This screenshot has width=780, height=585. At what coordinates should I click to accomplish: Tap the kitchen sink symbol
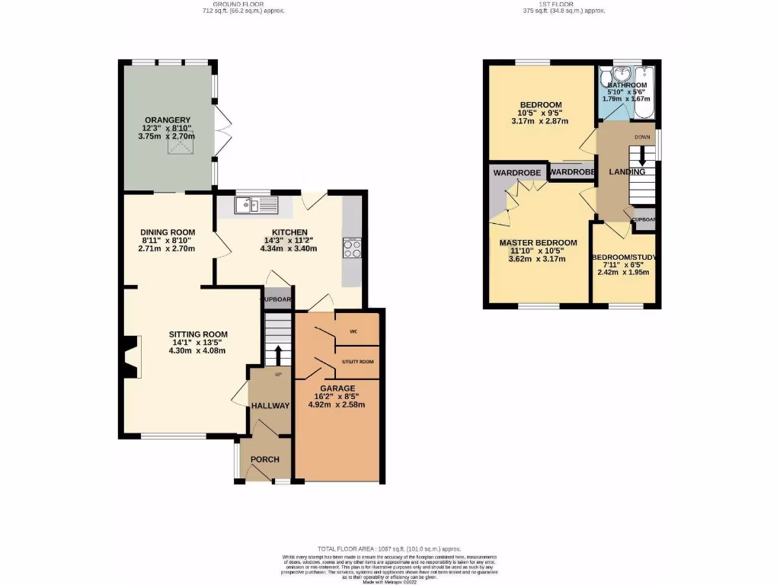[248, 203]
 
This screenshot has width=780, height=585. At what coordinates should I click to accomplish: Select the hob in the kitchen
[352, 250]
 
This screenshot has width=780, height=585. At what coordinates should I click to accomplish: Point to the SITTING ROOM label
[198, 334]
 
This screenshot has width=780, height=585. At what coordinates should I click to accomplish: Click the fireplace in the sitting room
[132, 358]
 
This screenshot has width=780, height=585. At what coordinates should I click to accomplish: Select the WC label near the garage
[353, 332]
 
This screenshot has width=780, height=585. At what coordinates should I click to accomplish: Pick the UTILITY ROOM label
[358, 361]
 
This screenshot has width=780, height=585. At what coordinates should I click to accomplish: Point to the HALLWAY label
[270, 406]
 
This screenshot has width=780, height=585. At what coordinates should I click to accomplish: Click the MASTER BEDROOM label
[538, 243]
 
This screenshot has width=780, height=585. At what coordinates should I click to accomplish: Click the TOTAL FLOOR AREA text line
[389, 549]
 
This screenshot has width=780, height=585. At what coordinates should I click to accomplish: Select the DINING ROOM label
[168, 232]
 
